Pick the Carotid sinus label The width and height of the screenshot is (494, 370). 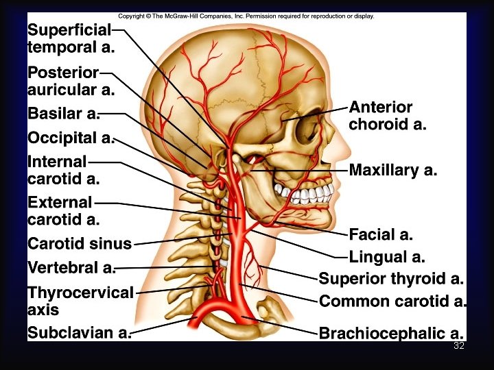80,243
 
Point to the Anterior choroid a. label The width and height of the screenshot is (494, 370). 388,116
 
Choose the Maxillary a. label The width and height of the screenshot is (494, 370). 393,170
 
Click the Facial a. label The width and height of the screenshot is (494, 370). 381,235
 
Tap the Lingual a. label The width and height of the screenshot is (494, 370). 387,258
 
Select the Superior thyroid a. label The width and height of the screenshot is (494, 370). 391,279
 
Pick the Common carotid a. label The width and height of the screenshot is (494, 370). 393,301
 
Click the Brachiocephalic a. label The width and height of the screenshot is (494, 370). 391,334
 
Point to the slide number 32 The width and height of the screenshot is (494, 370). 459,346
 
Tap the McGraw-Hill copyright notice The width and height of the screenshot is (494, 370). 246,16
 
